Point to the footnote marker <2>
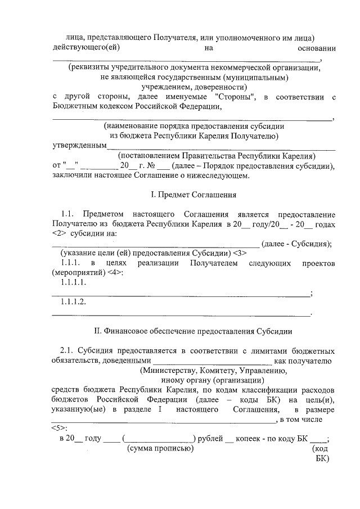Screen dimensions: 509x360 (60, 233)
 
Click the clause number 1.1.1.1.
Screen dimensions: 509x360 (73, 283)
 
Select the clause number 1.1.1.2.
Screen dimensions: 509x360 (73, 303)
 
